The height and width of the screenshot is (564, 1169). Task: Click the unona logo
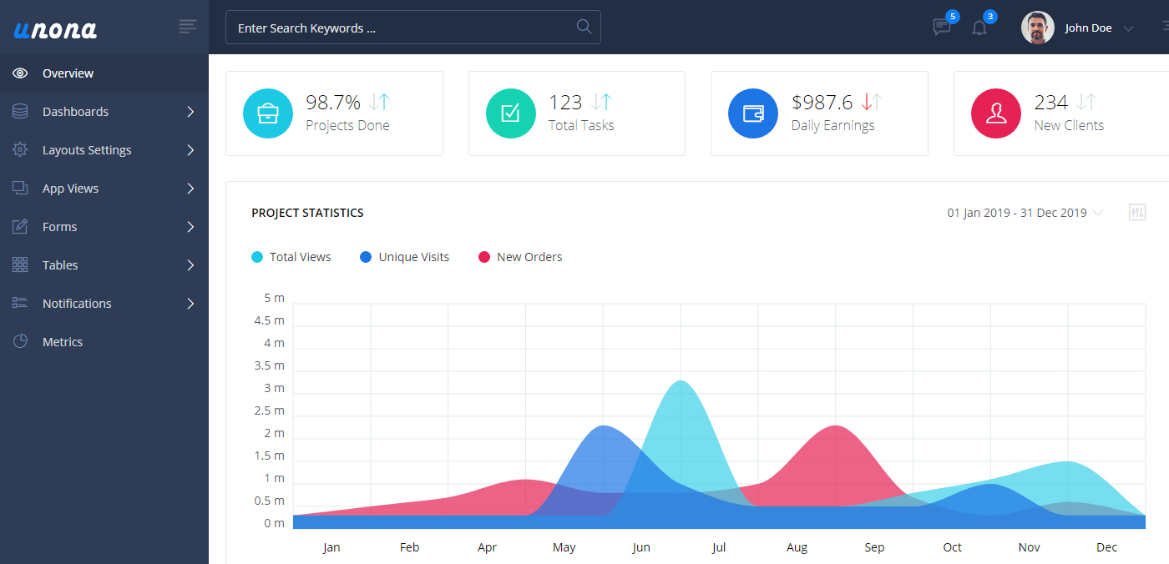pos(55,29)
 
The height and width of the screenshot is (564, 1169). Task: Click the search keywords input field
pos(401,28)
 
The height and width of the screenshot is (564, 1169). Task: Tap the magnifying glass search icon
pos(584,27)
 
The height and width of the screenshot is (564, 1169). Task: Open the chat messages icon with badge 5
pos(942,28)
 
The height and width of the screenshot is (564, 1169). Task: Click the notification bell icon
pos(979,28)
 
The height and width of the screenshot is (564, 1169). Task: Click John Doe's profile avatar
pos(1037,28)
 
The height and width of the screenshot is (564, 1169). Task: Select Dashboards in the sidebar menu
pos(75,112)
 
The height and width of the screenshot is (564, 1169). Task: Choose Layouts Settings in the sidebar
pos(87,150)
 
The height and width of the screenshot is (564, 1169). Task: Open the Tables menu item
pos(60,265)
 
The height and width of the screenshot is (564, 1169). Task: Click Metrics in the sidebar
pos(63,342)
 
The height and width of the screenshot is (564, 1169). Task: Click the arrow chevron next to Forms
pos(190,227)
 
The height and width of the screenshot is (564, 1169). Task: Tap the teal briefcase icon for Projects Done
pos(268,113)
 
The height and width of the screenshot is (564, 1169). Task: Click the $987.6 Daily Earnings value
pos(822,103)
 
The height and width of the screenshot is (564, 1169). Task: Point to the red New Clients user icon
pos(996,113)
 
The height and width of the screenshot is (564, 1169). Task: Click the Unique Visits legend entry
pos(413,257)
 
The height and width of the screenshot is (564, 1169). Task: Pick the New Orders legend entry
pos(529,257)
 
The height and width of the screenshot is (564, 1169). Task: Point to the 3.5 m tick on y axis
pos(269,365)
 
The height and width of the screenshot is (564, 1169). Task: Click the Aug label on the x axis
pos(797,547)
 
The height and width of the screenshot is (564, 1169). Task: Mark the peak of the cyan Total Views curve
pos(681,381)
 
